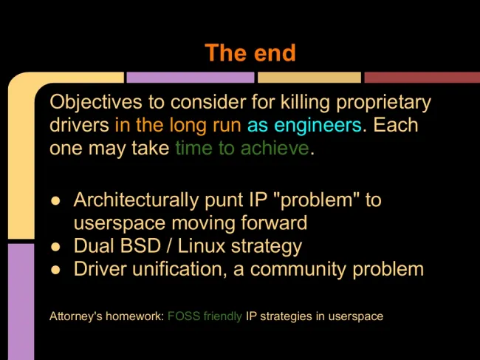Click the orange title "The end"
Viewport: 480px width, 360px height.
[250, 52]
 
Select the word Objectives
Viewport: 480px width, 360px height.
[96, 103]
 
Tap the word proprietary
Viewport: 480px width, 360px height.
[383, 103]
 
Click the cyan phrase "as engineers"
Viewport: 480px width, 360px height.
[304, 126]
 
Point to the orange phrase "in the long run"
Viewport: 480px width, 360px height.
[178, 126]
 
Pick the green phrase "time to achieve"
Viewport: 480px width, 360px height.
[242, 149]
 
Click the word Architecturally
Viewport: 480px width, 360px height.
[136, 200]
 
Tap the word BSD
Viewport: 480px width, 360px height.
[140, 246]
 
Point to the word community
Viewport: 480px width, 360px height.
[298, 270]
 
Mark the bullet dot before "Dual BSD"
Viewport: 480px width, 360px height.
[55, 247]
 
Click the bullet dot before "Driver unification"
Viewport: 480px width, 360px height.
[55, 270]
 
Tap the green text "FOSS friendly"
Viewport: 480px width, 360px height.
[205, 316]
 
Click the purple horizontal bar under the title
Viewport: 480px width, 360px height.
[191, 78]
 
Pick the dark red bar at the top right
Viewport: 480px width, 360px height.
[422, 78]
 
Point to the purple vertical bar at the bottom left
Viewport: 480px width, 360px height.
[21, 302]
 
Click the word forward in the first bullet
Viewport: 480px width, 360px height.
[274, 223]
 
